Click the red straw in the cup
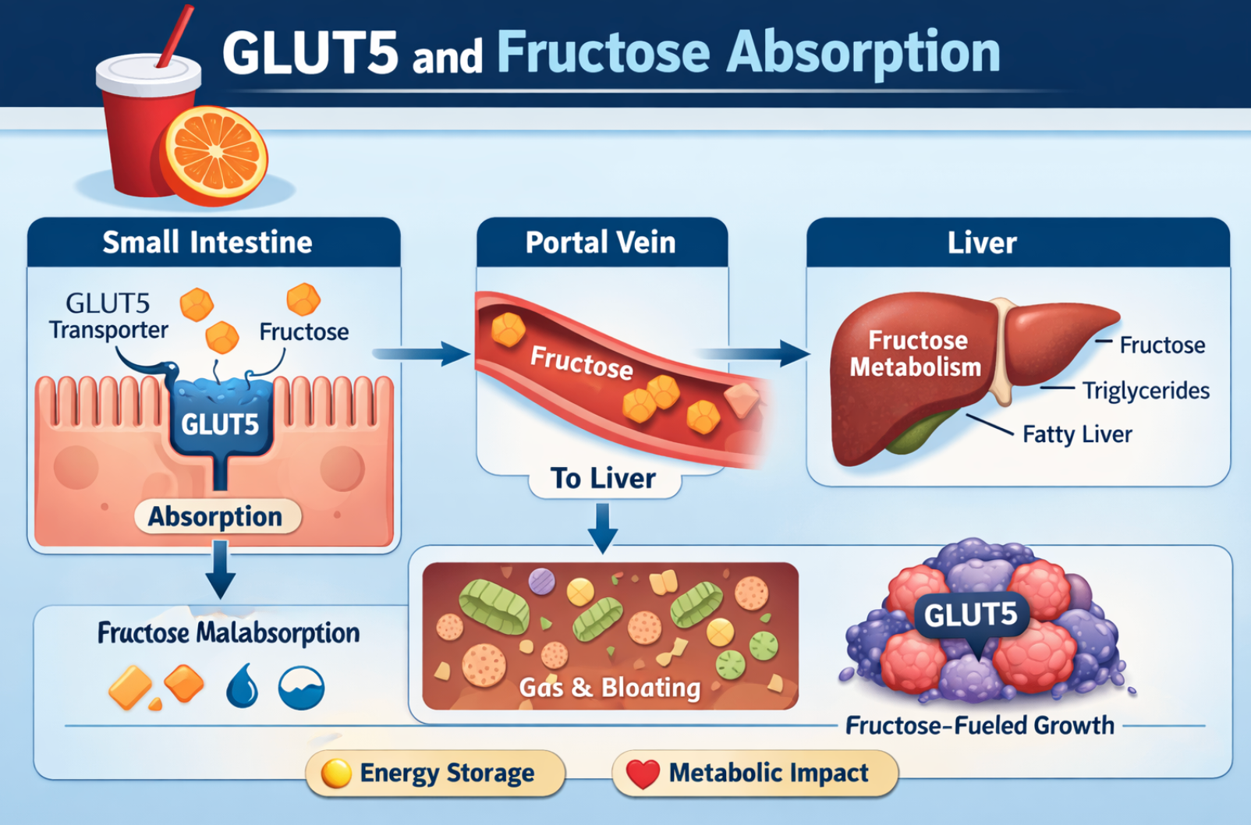pos(175,37)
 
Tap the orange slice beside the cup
pos(214,154)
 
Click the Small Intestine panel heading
pos(207,243)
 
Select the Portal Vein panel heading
pos(601,243)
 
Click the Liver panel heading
pos(982,243)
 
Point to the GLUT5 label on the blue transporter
pos(220,425)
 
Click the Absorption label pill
pos(217,516)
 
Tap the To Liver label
pos(603,478)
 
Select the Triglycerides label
pos(1146,391)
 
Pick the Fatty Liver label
pos(1077,434)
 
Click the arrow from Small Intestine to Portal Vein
pos(421,353)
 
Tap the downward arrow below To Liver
pos(603,528)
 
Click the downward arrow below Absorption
pos(221,569)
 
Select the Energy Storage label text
pos(447,774)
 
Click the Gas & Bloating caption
pos(610,687)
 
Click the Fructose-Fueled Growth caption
pos(980,726)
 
